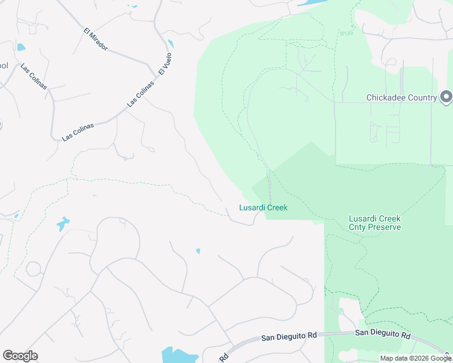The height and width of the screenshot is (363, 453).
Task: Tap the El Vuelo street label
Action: click(165, 64)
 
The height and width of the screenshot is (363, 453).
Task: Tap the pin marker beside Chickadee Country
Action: click(446, 97)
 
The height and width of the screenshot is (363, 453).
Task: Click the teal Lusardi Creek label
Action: click(263, 208)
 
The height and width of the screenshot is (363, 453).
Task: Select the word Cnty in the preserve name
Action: click(358, 227)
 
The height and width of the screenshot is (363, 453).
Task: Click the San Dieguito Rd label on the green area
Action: click(383, 334)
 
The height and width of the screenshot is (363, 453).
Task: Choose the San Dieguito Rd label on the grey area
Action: click(289, 337)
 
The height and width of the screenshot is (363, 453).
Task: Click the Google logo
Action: click(20, 356)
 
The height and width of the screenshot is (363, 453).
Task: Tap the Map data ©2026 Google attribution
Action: click(415, 358)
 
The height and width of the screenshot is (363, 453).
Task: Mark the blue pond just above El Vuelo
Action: click(171, 44)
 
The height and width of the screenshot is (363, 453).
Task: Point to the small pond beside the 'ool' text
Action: click(21, 47)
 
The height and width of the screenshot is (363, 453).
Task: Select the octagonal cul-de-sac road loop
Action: click(32, 268)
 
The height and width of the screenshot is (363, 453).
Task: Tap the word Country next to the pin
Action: click(423, 98)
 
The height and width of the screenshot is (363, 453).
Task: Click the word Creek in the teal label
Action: click(276, 208)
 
